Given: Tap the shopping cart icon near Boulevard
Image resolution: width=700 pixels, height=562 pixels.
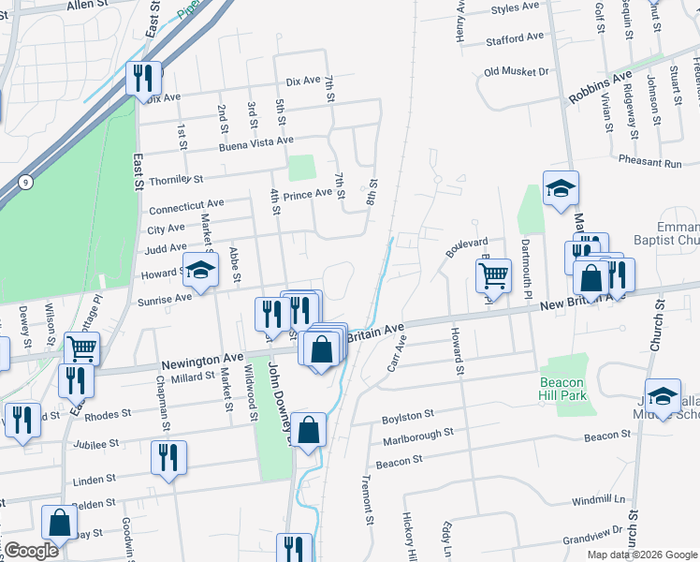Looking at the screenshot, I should [x=493, y=275].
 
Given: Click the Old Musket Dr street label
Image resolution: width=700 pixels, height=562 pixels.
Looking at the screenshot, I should [x=516, y=71].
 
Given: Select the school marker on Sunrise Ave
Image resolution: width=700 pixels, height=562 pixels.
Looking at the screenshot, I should [x=199, y=271].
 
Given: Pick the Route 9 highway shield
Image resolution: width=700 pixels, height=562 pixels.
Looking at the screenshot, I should [x=23, y=181].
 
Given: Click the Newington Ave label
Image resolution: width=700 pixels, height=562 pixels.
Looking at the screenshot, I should [x=200, y=359].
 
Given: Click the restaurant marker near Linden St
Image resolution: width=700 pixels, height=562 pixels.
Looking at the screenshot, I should [x=168, y=457].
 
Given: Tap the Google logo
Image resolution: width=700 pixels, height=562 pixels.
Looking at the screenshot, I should [x=30, y=551].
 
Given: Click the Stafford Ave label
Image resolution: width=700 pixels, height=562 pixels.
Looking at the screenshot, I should [x=515, y=39].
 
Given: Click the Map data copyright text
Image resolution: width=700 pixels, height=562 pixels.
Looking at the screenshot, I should [x=641, y=554].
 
